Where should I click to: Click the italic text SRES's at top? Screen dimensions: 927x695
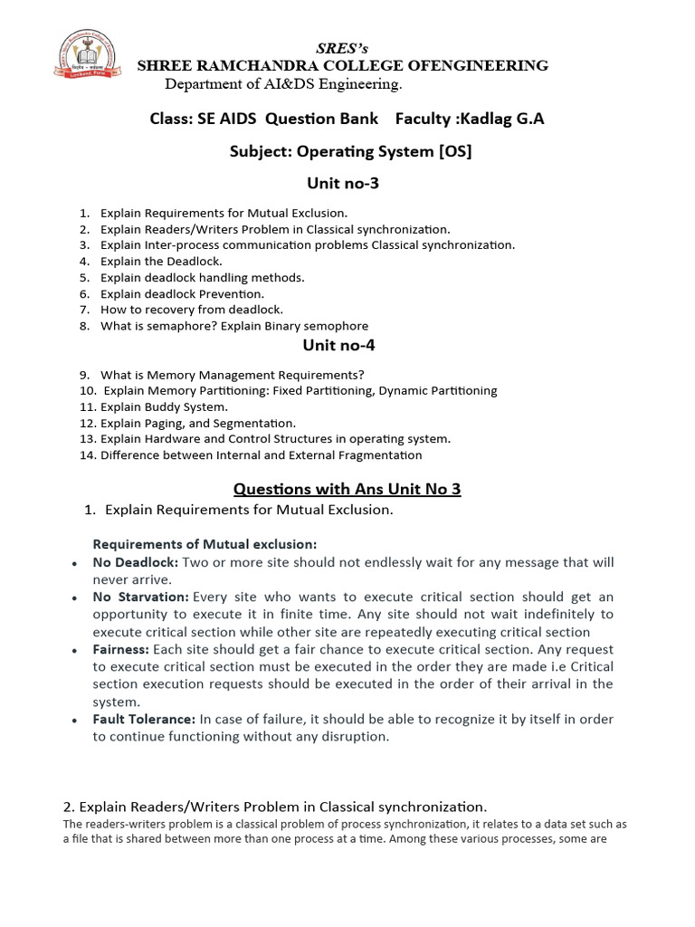342,48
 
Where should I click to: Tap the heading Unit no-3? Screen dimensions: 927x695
343,184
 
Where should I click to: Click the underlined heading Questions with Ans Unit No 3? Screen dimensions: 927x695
347,489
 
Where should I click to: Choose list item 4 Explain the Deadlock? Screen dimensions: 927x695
161,262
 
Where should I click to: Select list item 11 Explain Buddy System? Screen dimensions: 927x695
163,406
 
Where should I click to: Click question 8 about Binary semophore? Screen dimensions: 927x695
233,326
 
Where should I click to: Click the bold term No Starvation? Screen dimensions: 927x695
140,597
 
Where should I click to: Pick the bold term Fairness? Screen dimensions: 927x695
121,649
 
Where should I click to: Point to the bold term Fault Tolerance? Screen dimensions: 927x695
144,719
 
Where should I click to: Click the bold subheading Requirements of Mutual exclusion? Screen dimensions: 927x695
205,544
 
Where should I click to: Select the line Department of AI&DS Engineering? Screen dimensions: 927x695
283,84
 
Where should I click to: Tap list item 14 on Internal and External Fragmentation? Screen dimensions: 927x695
261,455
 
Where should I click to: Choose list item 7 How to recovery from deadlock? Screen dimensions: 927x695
191,310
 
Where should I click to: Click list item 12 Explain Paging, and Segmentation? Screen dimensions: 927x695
197,423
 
